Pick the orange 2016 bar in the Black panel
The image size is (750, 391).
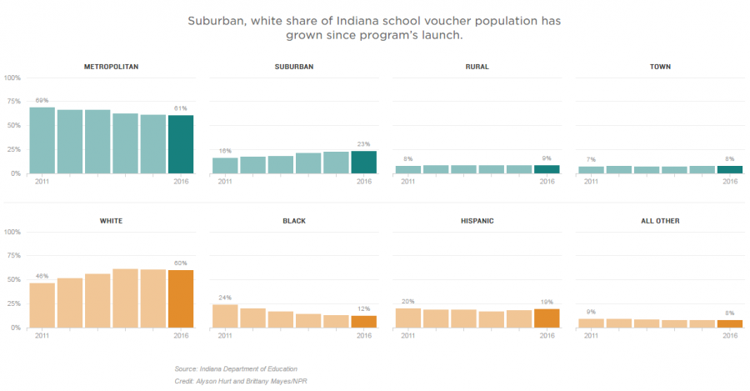(x=364, y=321)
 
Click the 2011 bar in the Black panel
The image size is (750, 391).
(x=225, y=316)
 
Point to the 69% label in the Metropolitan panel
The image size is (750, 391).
(x=42, y=100)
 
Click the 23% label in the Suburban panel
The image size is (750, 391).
(x=364, y=144)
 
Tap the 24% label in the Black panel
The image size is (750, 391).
(x=225, y=298)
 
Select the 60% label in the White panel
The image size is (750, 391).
(x=181, y=263)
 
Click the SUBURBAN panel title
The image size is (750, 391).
(x=293, y=66)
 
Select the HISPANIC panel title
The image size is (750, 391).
(x=477, y=221)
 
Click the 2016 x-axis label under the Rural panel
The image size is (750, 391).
(x=547, y=181)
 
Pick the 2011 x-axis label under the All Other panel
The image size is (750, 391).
(x=591, y=335)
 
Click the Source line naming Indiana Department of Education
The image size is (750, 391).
(x=236, y=368)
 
